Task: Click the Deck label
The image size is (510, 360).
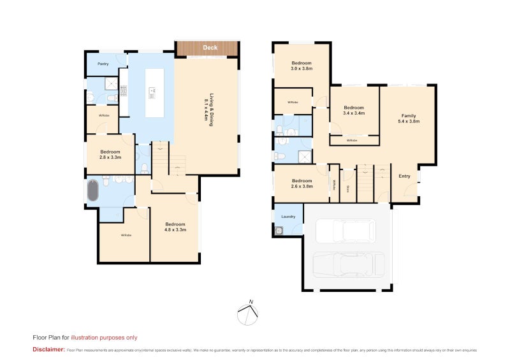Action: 210,48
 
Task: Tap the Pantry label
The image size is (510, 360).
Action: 102,64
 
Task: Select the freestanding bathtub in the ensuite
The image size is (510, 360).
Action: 93,191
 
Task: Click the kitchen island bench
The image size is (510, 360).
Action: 154,93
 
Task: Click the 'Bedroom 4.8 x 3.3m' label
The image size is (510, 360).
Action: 175,227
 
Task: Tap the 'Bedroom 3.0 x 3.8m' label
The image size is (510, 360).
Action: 302,66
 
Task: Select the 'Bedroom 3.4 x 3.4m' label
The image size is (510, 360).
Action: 353,110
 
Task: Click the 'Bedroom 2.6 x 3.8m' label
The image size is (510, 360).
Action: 302,184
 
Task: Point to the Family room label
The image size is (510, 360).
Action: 408,119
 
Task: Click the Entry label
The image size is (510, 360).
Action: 404,176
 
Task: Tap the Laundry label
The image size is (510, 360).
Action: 288,217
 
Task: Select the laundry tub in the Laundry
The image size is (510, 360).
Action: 279,231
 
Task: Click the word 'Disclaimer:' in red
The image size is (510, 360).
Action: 48,350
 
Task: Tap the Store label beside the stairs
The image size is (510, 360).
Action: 347,189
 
